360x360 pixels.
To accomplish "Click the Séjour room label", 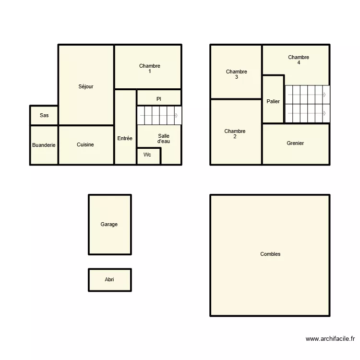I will [x=86, y=87].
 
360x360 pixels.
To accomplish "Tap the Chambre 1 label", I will [x=149, y=69].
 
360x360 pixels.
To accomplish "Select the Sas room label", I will [x=44, y=115].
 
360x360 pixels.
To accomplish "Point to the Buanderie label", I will [x=44, y=145].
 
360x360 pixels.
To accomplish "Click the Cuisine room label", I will [x=85, y=145].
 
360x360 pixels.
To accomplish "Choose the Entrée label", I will [x=125, y=139].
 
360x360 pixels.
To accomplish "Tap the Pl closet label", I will [x=158, y=99].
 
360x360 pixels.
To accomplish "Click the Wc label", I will [x=147, y=155].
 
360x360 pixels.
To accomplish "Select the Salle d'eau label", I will [x=164, y=139].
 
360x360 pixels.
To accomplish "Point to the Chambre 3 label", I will [x=237, y=74].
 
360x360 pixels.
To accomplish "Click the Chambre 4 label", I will [x=299, y=60].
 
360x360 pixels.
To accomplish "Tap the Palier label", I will [x=273, y=102].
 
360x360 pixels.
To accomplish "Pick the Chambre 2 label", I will [x=235, y=134].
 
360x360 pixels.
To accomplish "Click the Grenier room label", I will [x=295, y=144].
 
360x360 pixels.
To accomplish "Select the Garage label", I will [x=109, y=225].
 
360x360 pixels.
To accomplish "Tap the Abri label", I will [x=109, y=279].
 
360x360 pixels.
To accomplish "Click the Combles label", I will [x=270, y=254].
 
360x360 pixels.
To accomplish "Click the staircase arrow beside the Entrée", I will [x=177, y=116].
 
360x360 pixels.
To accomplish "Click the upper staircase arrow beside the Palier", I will [x=324, y=95].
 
